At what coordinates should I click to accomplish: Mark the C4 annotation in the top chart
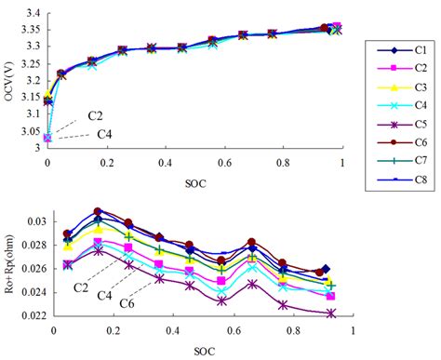tap(106, 134)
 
